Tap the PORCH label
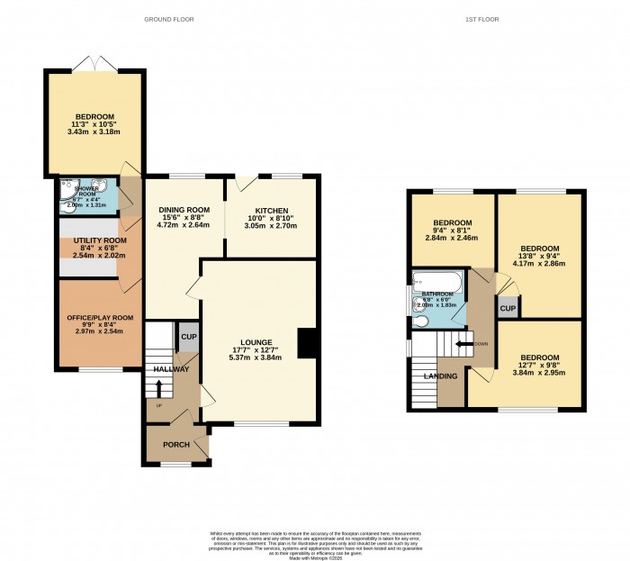click(175, 444)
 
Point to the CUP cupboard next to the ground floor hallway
click(188, 336)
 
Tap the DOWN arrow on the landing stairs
click(465, 343)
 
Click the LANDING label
click(441, 376)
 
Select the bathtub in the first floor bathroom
click(436, 283)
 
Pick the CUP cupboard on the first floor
click(508, 309)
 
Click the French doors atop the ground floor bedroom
click(93, 66)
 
